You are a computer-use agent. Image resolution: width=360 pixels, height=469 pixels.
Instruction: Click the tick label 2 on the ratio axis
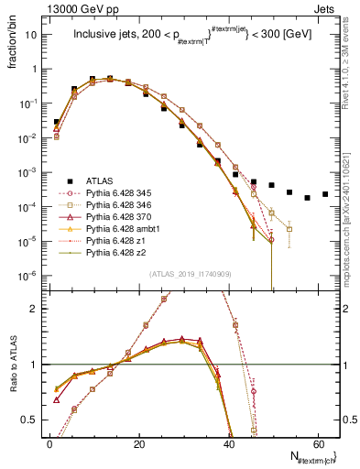35,309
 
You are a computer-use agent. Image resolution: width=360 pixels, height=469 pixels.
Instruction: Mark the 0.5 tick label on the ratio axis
31,420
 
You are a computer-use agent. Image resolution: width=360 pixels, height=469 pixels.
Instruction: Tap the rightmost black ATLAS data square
325,194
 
